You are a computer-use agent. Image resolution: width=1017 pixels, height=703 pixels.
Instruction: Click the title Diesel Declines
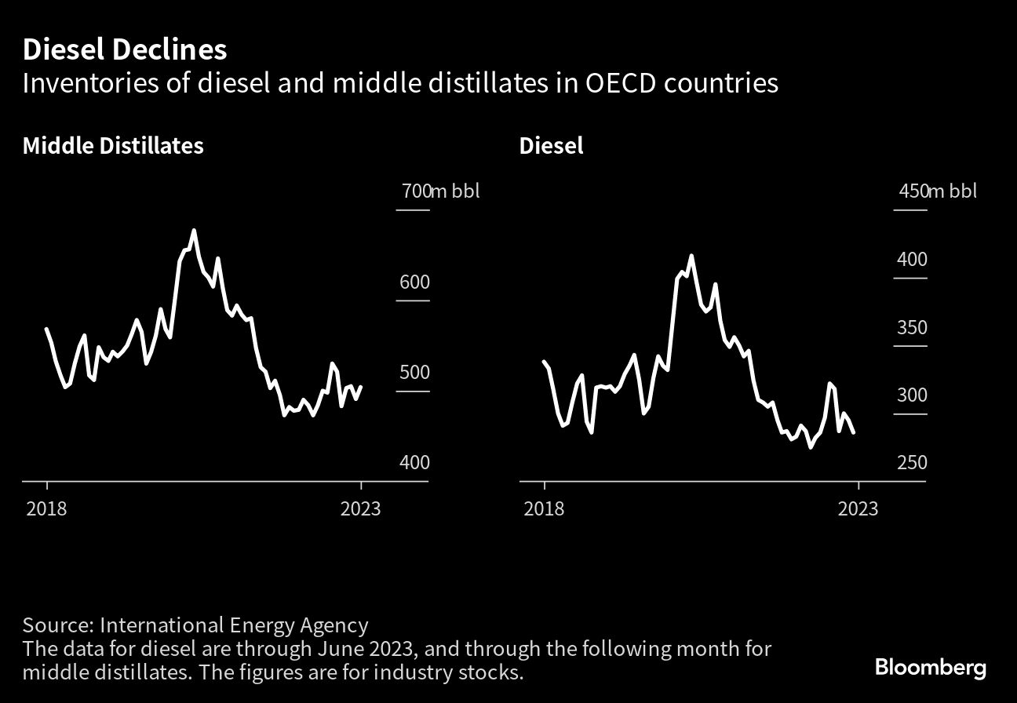125,50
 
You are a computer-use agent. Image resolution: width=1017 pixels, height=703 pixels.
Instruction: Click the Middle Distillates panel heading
113,146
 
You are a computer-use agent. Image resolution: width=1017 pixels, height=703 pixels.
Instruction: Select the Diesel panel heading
551,146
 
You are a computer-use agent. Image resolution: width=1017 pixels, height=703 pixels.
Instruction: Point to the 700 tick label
417,191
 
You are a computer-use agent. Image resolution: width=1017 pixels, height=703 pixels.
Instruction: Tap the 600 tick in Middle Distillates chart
414,282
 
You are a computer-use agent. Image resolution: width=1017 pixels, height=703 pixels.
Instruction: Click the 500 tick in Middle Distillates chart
414,373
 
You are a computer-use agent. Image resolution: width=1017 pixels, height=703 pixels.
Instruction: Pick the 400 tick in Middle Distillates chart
414,463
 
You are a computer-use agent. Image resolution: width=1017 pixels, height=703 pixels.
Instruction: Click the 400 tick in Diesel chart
912,260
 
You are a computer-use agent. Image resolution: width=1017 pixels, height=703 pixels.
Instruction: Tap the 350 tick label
912,328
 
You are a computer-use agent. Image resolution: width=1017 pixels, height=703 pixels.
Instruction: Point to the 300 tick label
912,395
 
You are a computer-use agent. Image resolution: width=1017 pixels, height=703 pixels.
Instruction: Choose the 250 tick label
912,463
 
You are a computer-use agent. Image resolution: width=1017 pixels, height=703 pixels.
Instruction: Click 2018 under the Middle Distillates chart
46,508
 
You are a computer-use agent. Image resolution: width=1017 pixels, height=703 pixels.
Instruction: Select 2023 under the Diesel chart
858,508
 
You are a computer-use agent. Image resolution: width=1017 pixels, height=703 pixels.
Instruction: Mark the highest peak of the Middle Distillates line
194,231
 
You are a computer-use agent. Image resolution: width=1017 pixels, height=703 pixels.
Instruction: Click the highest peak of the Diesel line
691,256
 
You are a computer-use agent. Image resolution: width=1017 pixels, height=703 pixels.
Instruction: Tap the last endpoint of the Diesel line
853,432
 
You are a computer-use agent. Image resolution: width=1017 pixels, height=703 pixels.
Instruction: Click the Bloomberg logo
931,668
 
